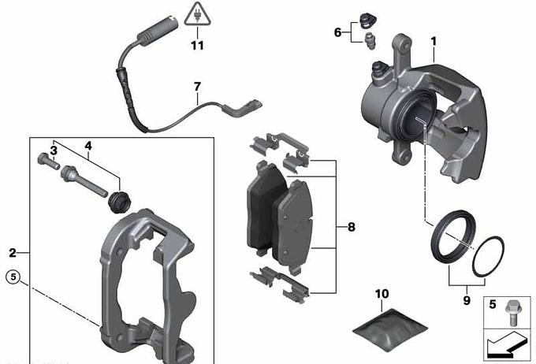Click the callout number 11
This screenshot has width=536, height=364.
(x=197, y=46)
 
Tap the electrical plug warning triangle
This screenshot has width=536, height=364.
(x=197, y=14)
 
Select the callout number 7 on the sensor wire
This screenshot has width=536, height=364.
(x=197, y=87)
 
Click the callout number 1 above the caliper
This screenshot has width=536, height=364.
(x=434, y=42)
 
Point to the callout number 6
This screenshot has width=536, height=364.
(x=337, y=32)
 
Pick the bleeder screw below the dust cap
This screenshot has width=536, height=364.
(x=370, y=41)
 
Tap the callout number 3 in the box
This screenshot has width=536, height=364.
(x=54, y=150)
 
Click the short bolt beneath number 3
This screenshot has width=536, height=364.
(x=48, y=161)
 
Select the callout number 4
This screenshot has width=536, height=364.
(x=88, y=146)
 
